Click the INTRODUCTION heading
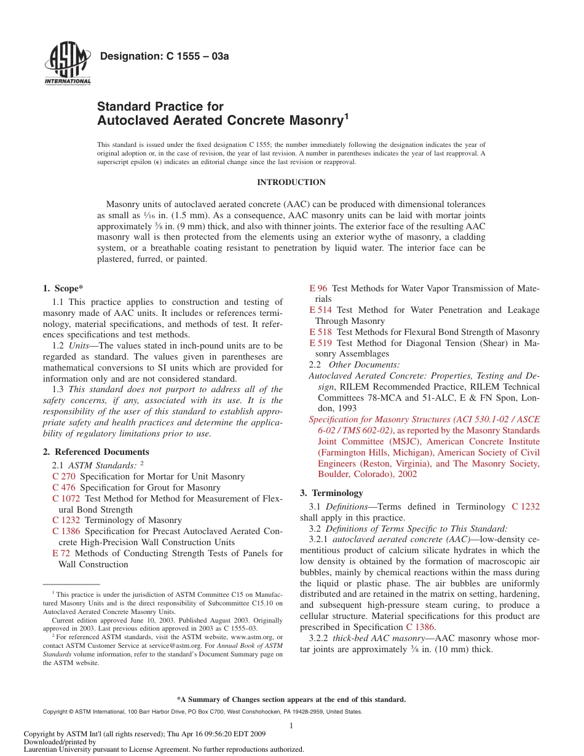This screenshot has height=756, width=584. click(x=291, y=183)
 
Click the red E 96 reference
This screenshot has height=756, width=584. click(x=318, y=288)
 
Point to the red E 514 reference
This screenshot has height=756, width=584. click(x=321, y=310)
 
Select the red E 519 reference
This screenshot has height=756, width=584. click(x=321, y=343)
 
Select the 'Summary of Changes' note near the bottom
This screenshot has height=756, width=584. click(x=291, y=699)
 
